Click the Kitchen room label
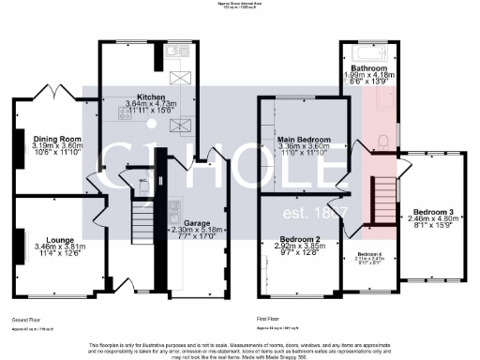click(x=151, y=97)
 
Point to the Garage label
click(x=196, y=222)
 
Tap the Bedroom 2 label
click(x=303, y=239)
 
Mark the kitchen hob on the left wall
click(x=125, y=113)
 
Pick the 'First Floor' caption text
click(x=269, y=320)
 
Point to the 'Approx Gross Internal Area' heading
click(x=240, y=4)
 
